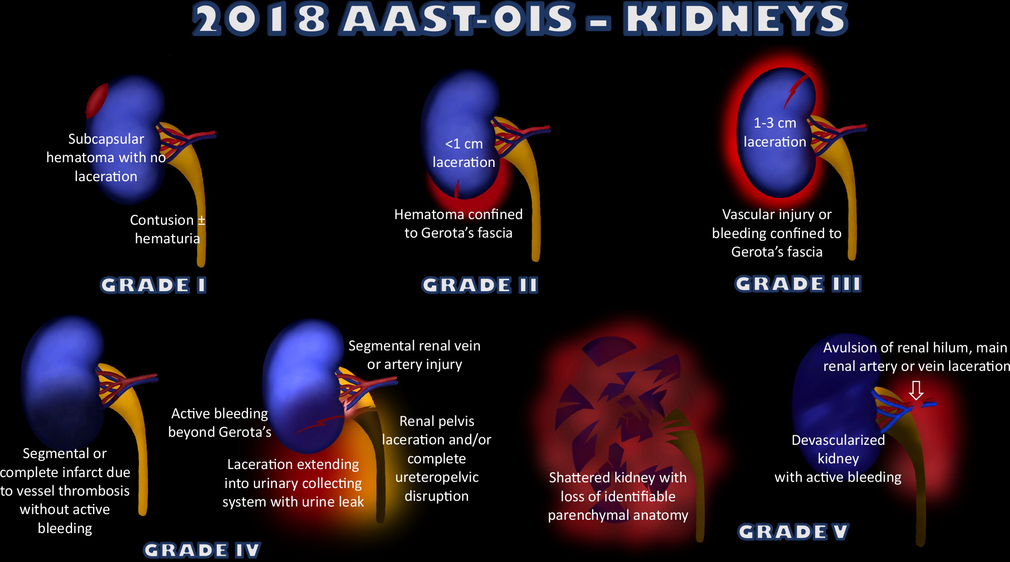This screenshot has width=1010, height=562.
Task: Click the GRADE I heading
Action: point(153,285)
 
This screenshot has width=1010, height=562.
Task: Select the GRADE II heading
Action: point(480,285)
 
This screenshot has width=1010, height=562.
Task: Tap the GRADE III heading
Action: point(798,284)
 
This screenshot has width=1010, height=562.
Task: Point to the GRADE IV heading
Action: point(202,550)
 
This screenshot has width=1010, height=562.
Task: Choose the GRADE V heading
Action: point(793,531)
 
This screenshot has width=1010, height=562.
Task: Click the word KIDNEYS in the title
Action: point(735,20)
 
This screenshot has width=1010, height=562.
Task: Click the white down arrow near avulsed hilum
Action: point(916,391)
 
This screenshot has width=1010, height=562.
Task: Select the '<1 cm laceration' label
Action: point(464,153)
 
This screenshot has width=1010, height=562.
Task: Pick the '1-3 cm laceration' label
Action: point(775,132)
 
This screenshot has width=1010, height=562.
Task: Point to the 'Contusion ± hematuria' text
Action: point(167,229)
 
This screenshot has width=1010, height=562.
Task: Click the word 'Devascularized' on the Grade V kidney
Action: point(838,440)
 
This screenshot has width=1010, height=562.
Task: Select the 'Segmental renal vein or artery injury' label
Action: point(414,355)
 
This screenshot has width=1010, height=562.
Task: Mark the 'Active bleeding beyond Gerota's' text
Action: point(220,423)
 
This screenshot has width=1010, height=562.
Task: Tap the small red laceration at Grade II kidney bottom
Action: point(457,188)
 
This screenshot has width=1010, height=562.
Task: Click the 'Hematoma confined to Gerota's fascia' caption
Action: point(458,223)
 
